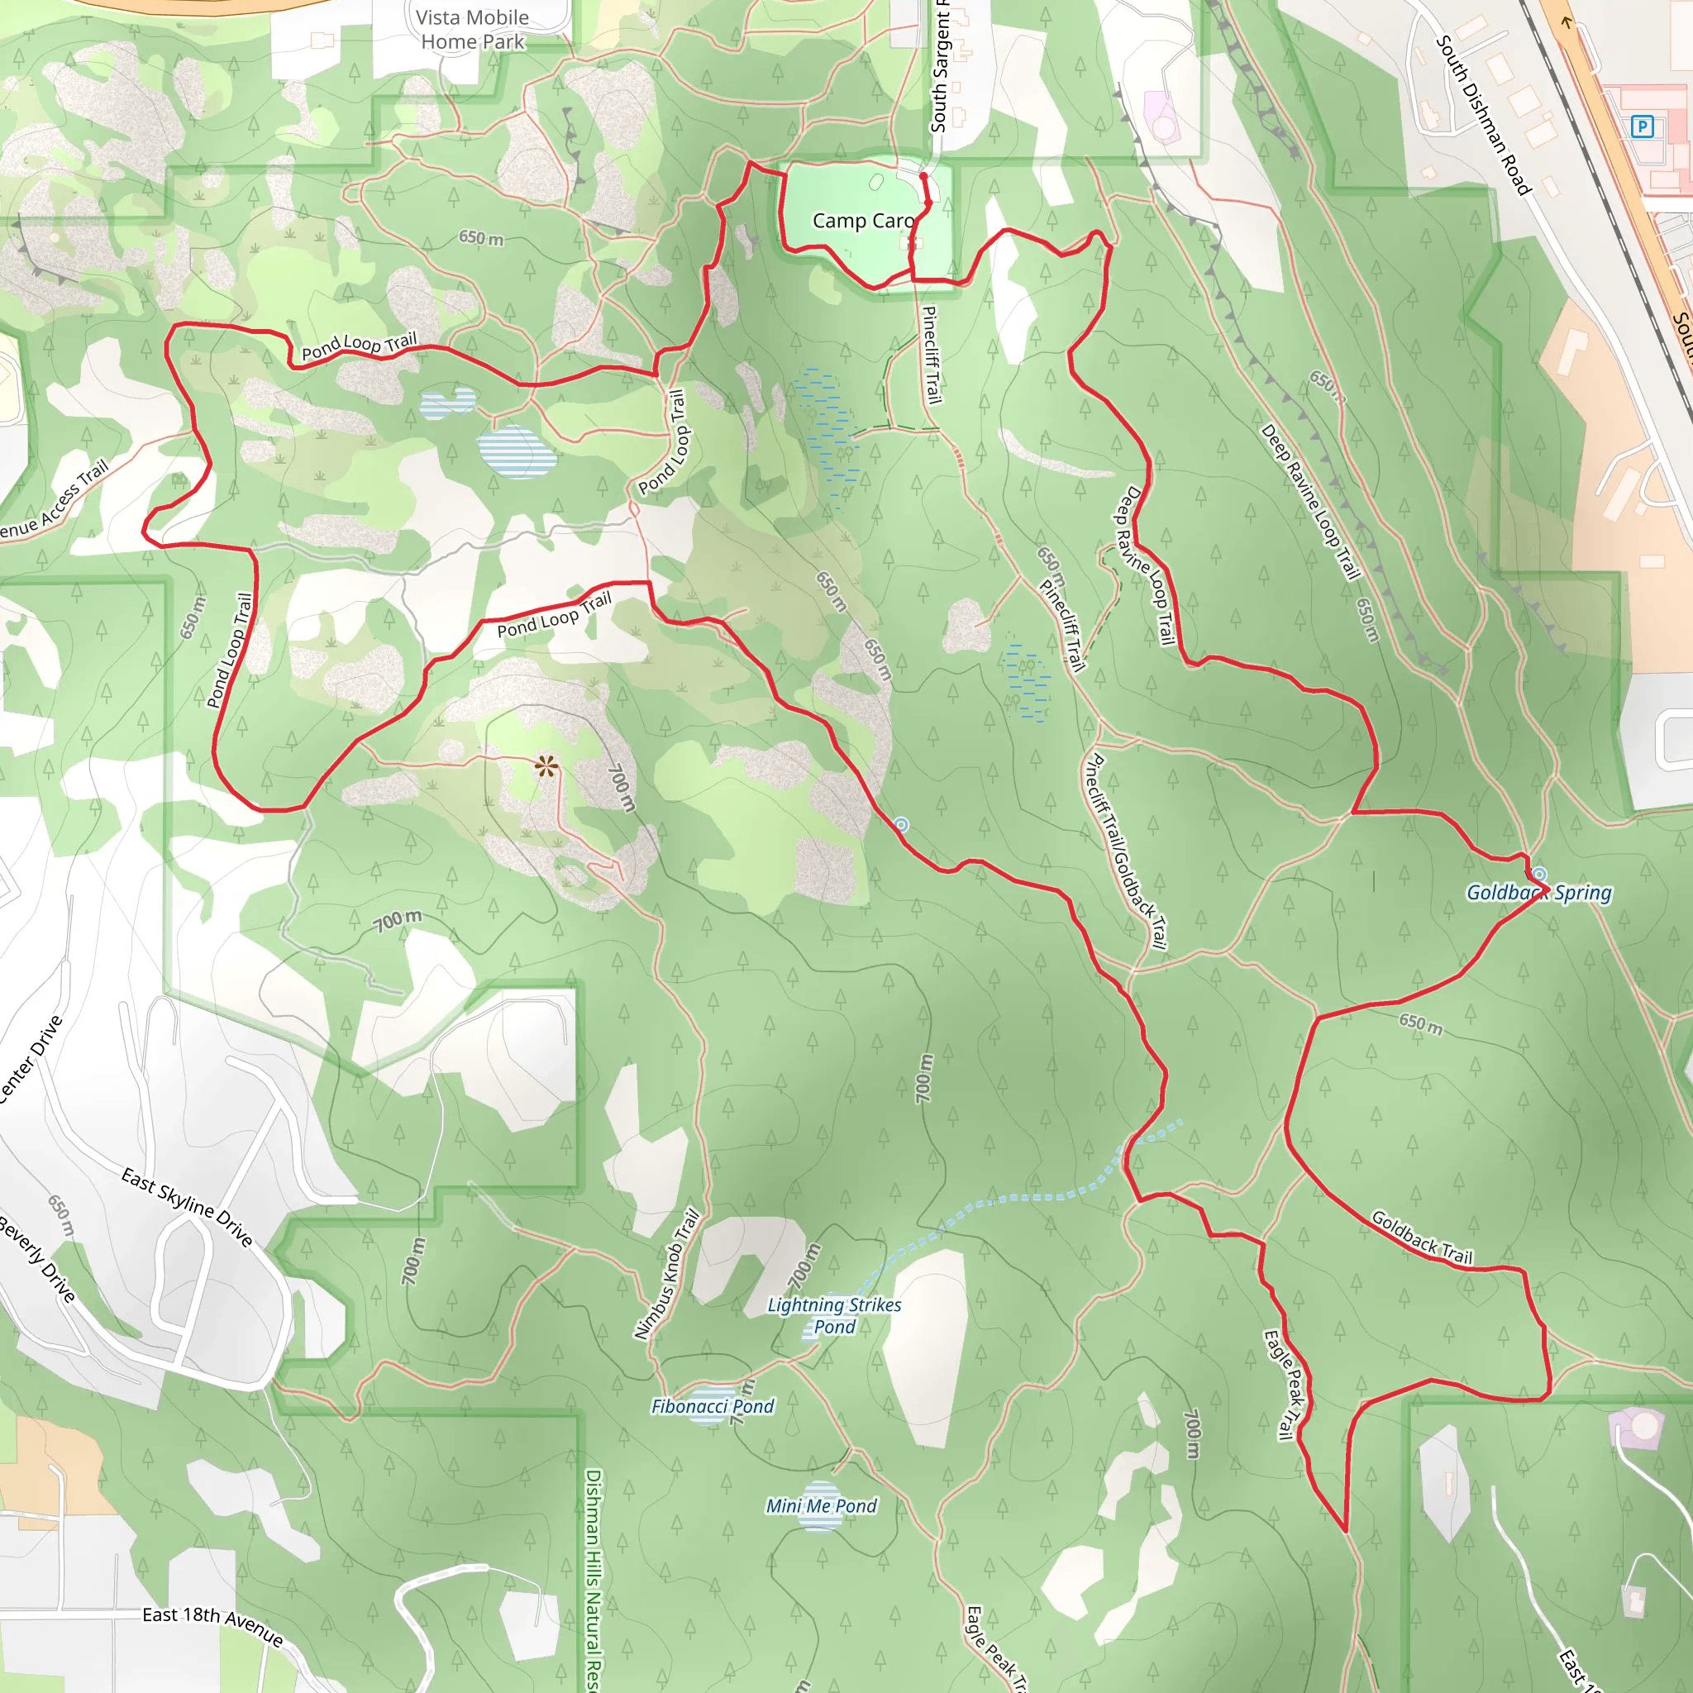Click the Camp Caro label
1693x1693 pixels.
(x=862, y=221)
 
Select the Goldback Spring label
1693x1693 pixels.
(x=1538, y=893)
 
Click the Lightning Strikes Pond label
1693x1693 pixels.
(x=834, y=1315)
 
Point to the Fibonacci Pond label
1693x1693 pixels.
(x=713, y=1406)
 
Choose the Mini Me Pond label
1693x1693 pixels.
(x=821, y=1505)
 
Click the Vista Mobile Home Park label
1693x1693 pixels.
(x=472, y=30)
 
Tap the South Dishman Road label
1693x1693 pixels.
(x=1483, y=115)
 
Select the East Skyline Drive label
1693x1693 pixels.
(x=188, y=1207)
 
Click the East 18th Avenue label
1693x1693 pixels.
(x=213, y=1625)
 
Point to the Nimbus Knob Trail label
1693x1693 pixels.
(x=668, y=1275)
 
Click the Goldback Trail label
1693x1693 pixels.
(x=1421, y=1238)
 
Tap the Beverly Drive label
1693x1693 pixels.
(x=37, y=1258)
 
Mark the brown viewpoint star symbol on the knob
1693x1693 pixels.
(x=546, y=768)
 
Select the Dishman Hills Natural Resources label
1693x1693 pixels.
(x=594, y=1577)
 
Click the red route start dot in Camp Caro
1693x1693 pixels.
(x=923, y=176)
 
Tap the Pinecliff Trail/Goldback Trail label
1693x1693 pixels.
(x=1125, y=851)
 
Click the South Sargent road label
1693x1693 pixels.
(x=939, y=66)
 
